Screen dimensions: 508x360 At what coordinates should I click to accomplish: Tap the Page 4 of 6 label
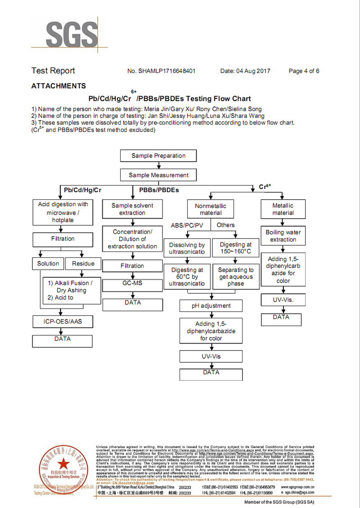coord(304,71)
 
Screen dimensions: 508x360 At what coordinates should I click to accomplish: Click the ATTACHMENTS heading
coord(58,86)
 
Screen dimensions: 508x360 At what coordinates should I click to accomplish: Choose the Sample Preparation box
coord(158,156)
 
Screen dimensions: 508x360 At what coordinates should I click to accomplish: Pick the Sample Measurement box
coord(158,175)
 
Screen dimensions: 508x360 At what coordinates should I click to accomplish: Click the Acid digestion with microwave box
coord(63,212)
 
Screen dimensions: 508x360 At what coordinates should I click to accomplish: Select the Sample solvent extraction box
coord(132,209)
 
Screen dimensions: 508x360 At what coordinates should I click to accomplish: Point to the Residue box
coord(83,264)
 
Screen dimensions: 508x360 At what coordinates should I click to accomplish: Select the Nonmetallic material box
coord(211,209)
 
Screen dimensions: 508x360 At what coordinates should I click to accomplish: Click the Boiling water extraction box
coord(283,236)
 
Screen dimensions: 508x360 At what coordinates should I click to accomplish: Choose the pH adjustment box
coord(211,306)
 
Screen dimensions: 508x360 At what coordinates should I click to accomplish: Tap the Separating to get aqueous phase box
coord(236,276)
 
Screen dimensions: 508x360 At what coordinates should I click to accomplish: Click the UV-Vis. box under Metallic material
coord(283,299)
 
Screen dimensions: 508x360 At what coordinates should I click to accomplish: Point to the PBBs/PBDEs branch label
coord(159,190)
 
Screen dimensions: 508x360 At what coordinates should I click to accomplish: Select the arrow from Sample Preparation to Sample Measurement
coord(158,166)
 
